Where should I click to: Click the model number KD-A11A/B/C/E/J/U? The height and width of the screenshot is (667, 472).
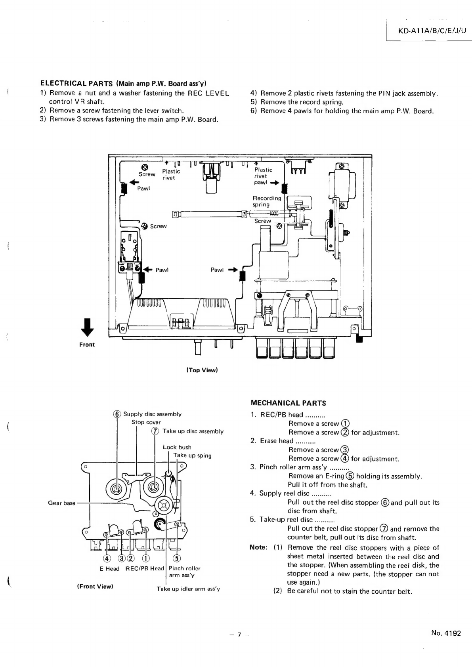pyautogui.click(x=432, y=30)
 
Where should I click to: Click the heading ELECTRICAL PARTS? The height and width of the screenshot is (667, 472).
pyautogui.click(x=76, y=83)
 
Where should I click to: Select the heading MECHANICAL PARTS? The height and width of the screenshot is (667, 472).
pyautogui.click(x=289, y=403)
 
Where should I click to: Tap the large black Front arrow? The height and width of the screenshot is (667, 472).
pyautogui.click(x=87, y=327)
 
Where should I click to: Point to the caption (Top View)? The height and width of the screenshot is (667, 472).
pyautogui.click(x=203, y=370)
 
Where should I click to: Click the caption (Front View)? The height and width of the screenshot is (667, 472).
pyautogui.click(x=96, y=586)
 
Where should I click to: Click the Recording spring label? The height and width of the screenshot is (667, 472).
pyautogui.click(x=267, y=201)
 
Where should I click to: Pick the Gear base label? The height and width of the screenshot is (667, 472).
pyautogui.click(x=62, y=503)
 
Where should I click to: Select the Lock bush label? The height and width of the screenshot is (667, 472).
pyautogui.click(x=177, y=447)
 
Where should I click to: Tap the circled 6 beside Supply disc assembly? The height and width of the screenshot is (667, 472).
pyautogui.click(x=117, y=414)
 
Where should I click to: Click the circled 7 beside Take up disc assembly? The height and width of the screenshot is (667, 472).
pyautogui.click(x=155, y=431)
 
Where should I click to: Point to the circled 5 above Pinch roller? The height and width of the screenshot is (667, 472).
pyautogui.click(x=177, y=558)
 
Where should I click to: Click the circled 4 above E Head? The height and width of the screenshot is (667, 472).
pyautogui.click(x=106, y=558)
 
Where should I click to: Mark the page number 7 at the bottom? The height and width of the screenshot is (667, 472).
pyautogui.click(x=239, y=635)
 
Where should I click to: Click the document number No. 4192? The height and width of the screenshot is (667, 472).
pyautogui.click(x=446, y=633)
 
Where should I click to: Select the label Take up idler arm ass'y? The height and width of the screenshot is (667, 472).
pyautogui.click(x=188, y=589)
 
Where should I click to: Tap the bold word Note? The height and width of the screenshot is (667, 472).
pyautogui.click(x=258, y=547)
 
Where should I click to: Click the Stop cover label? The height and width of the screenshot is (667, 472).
pyautogui.click(x=146, y=422)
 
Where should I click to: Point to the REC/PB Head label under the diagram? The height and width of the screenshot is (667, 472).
pyautogui.click(x=145, y=568)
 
